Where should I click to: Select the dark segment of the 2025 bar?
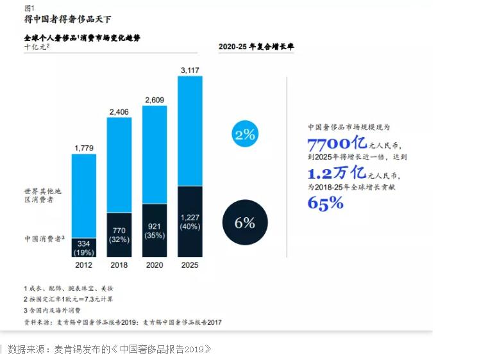[190, 221]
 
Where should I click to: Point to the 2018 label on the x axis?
[119, 265]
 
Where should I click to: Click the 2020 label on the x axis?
[155, 265]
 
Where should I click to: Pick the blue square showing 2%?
[246, 135]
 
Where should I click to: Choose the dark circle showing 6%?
[245, 223]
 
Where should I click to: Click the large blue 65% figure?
[326, 204]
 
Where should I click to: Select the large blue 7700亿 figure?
[336, 143]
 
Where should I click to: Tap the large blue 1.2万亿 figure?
[336, 174]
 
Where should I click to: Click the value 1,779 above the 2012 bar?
[84, 148]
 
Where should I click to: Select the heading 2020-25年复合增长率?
[256, 47]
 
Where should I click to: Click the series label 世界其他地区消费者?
[44, 197]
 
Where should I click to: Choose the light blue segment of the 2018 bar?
[119, 165]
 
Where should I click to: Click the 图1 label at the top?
[30, 8]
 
